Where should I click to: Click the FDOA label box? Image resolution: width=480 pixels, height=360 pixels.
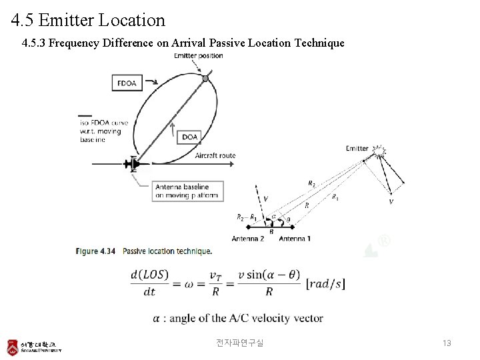coord(127,83)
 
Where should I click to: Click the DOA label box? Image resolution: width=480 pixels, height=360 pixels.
coord(190,137)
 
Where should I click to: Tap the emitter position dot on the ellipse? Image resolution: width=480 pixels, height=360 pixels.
coord(205,79)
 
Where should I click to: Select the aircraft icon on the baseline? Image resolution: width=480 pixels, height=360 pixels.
coord(133,163)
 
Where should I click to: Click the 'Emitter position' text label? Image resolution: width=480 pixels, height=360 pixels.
coord(199,55)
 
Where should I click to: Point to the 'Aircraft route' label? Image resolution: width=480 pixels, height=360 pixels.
coord(215,156)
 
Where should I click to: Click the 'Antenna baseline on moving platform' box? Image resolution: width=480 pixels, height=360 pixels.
coord(187,191)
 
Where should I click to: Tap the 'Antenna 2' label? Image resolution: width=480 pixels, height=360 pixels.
coord(248,238)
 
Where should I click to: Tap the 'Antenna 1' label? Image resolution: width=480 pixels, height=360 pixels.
coord(295,238)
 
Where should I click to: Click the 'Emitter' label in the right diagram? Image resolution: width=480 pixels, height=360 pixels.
coord(357,148)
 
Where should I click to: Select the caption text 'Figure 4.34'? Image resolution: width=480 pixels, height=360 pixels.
coord(96,251)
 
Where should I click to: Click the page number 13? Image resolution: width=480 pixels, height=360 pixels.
coord(447,343)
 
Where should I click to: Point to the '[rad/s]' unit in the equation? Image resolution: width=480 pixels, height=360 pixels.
coord(325,283)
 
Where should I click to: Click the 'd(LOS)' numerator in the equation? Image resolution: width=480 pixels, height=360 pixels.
coord(150,275)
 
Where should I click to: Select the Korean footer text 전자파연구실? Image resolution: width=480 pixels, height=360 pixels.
coord(240,343)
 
